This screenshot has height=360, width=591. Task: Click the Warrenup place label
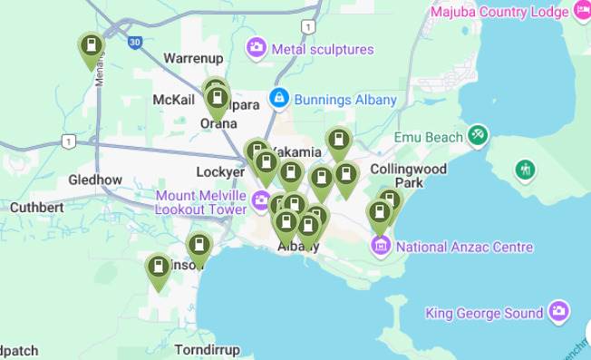pyautogui.click(x=193, y=58)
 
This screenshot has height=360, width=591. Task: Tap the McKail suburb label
pyautogui.click(x=173, y=99)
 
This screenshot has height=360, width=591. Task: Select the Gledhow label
pyautogui.click(x=95, y=180)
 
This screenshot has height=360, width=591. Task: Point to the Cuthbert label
pyautogui.click(x=36, y=207)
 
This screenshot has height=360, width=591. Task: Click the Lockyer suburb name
pyautogui.click(x=220, y=171)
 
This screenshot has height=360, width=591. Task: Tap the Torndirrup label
pyautogui.click(x=207, y=349)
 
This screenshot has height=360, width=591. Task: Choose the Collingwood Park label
pyautogui.click(x=421, y=176)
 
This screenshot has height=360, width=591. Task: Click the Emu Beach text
pyautogui.click(x=428, y=137)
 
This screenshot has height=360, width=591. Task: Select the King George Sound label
pyautogui.click(x=484, y=313)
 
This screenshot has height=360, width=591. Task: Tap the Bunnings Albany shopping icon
pyautogui.click(x=279, y=98)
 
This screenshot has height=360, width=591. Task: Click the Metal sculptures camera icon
pyautogui.click(x=257, y=47)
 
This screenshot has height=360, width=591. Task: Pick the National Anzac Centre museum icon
pyautogui.click(x=381, y=246)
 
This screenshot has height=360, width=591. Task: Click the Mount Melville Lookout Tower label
pyautogui.click(x=200, y=201)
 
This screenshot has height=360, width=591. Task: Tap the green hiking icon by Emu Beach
pyautogui.click(x=525, y=170)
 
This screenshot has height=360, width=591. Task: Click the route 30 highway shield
pyautogui.click(x=135, y=42)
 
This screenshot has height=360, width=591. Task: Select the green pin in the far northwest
pyautogui.click(x=91, y=47)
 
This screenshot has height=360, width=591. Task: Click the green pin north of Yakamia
pyautogui.click(x=338, y=141)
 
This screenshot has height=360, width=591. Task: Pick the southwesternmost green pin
pyautogui.click(x=159, y=268)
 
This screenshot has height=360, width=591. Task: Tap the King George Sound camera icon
pyautogui.click(x=559, y=312)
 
